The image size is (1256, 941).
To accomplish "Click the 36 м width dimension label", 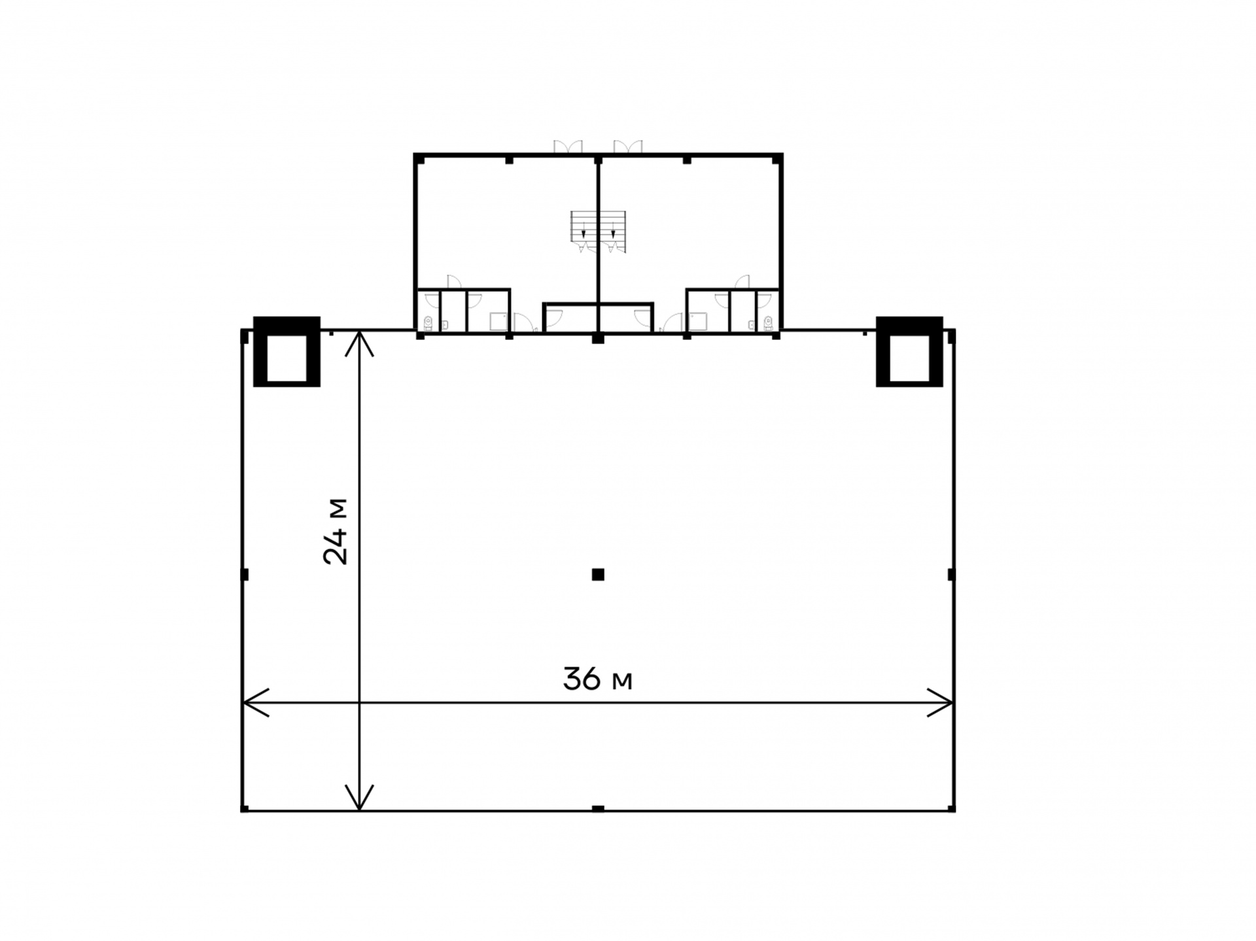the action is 597,679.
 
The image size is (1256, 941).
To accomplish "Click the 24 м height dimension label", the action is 336,532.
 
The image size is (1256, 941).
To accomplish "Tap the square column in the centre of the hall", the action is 598,575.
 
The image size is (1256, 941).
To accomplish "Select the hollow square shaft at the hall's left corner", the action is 287,352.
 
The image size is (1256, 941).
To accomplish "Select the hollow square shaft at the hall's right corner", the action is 909,352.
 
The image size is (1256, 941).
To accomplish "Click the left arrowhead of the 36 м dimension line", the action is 255,703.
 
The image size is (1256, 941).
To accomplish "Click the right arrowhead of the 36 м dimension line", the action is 941,703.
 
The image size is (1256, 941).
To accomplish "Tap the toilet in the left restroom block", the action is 428,323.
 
